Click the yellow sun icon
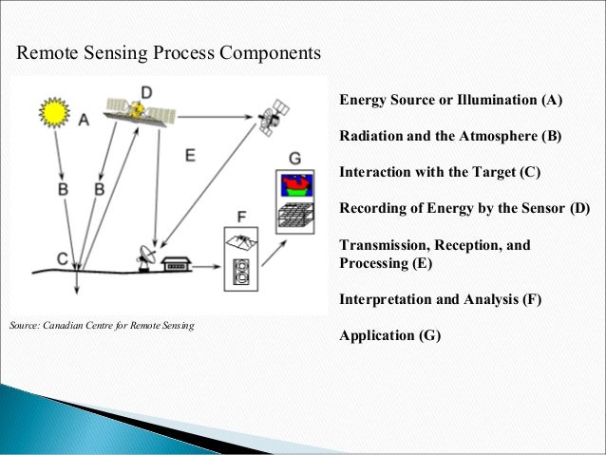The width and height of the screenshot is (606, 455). (x=54, y=113)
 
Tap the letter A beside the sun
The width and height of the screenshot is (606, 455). (x=84, y=121)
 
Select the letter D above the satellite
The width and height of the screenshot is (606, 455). (x=146, y=91)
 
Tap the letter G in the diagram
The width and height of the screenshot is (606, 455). (x=294, y=156)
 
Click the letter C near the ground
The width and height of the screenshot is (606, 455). (x=62, y=257)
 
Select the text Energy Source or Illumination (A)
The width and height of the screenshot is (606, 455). (x=451, y=100)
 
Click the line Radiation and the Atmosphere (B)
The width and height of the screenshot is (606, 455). (x=450, y=136)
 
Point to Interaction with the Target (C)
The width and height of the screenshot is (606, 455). (x=440, y=172)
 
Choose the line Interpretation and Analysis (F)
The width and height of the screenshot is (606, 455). (x=441, y=299)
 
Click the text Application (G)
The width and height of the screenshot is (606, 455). (x=390, y=335)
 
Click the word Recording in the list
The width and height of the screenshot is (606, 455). (x=372, y=208)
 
